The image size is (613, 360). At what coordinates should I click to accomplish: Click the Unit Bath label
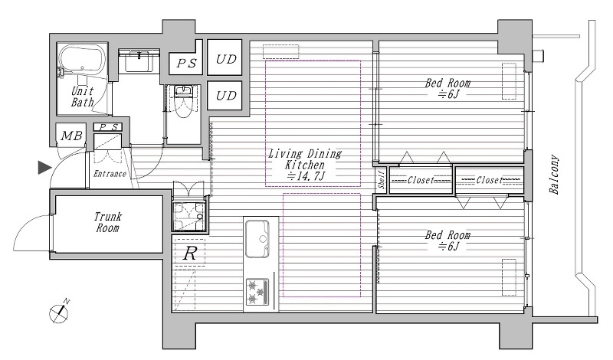[x=83, y=97]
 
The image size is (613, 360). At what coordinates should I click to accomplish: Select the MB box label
[x=71, y=136]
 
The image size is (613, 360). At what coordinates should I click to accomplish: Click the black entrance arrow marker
[x=44, y=167]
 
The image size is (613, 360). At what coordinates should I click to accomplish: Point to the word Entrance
[x=110, y=174]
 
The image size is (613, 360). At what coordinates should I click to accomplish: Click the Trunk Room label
[x=108, y=222]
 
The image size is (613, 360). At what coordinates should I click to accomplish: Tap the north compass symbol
[x=60, y=312]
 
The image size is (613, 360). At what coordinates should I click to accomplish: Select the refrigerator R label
[x=190, y=254]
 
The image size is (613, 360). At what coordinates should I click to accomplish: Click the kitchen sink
[x=257, y=239]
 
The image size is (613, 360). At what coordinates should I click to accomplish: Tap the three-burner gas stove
[x=257, y=292]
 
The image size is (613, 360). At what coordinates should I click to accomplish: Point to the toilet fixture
[x=182, y=101]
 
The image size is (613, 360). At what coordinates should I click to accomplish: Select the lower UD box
[x=225, y=96]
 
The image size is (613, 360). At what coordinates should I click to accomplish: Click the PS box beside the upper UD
[x=186, y=63]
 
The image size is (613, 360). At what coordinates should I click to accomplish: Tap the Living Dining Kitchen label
[x=305, y=159]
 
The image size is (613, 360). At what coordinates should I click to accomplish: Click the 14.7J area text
[x=306, y=176]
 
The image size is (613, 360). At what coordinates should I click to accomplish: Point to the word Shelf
[x=382, y=180]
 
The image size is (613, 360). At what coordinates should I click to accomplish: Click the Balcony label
[x=554, y=175]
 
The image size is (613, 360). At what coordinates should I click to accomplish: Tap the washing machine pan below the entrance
[x=190, y=217]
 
